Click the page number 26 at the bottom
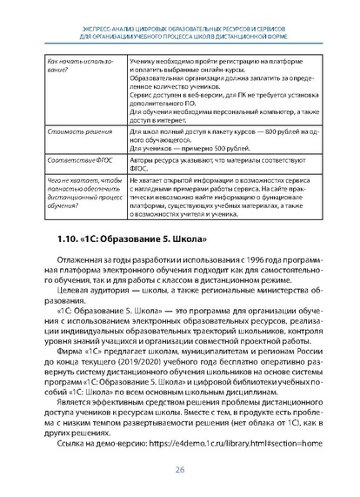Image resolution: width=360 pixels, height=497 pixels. (x=180, y=469)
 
